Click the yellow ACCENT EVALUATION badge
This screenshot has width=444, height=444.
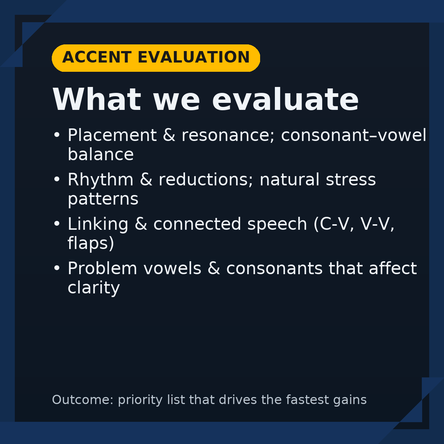click(x=156, y=58)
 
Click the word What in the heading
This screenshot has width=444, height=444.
click(x=97, y=99)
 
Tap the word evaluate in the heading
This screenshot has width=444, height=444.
click(x=285, y=99)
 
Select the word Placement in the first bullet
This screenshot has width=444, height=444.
click(x=112, y=135)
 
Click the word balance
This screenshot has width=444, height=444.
click(x=101, y=154)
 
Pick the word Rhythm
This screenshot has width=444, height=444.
click(x=101, y=180)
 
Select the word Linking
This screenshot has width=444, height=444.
click(x=98, y=224)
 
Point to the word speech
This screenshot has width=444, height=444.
click(x=277, y=224)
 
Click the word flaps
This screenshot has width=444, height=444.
click(x=88, y=243)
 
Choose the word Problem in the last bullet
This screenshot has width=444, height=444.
click(x=102, y=268)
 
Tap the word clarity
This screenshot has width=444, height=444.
click(x=94, y=288)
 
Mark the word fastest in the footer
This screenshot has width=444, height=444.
click(x=307, y=400)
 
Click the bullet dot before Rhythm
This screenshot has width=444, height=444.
click(x=57, y=179)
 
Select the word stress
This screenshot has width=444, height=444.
click(x=351, y=180)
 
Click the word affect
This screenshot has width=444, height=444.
click(x=393, y=268)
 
